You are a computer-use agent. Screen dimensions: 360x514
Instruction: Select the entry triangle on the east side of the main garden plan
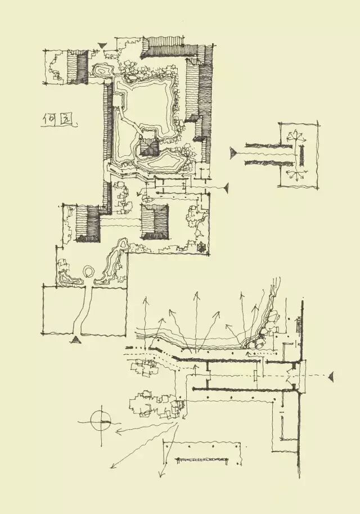226,188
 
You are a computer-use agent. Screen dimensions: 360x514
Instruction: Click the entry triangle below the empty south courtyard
76,339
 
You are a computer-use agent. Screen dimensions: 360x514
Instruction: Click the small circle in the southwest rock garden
89,272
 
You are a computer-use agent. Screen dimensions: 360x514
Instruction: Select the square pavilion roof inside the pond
149,147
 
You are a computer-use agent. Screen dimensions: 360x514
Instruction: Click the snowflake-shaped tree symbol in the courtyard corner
201,246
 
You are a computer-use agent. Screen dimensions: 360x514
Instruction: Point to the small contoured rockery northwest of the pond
103,71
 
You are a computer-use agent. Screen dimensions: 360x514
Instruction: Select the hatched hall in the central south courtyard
154,222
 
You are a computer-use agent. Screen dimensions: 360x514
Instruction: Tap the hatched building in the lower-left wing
87,224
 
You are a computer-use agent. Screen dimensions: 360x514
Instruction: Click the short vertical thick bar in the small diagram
303,154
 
